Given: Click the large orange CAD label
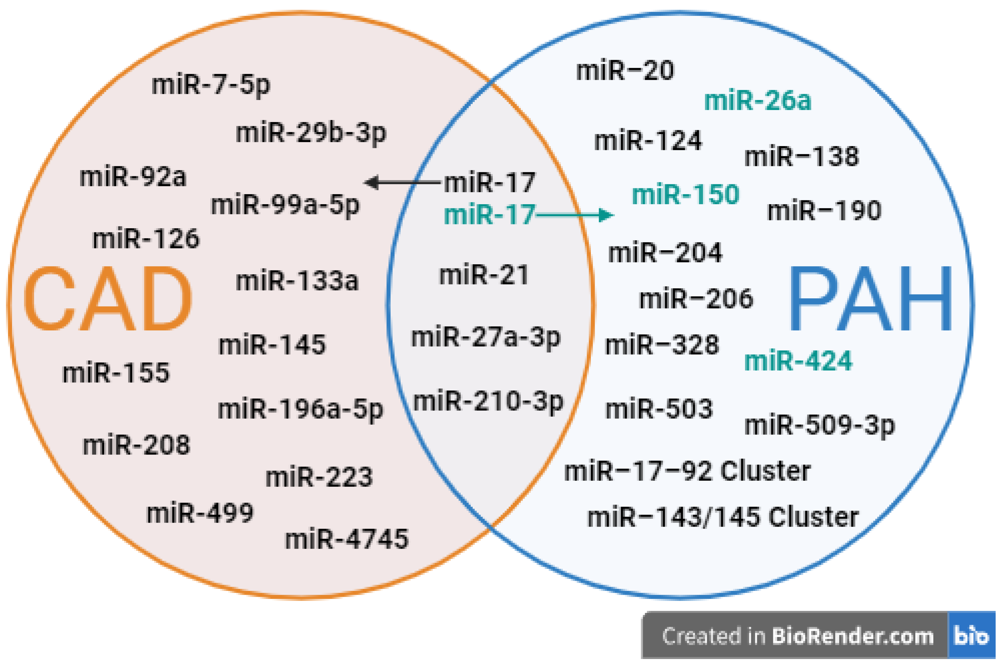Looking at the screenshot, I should click(107, 299).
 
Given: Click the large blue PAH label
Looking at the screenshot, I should click(870, 299).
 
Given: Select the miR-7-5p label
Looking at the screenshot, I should click(211, 85).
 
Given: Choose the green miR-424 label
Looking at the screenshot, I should click(798, 361).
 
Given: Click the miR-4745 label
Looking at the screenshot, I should click(347, 539).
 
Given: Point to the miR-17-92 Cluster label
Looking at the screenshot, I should click(687, 471).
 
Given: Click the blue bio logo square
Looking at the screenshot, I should click(971, 635).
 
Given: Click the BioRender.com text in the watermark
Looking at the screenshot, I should click(853, 636).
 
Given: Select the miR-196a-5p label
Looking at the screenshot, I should click(300, 409).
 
